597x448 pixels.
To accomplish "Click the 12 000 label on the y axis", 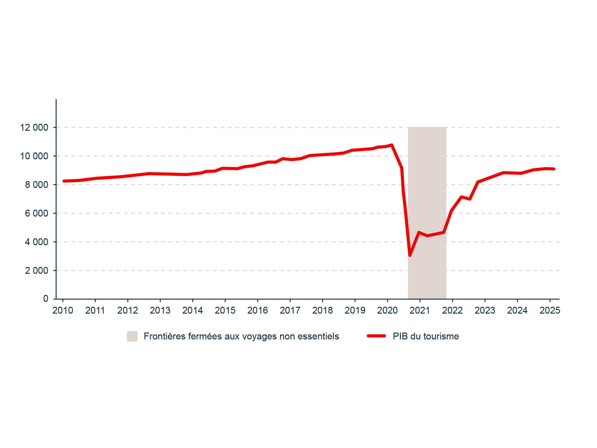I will click(x=34, y=128).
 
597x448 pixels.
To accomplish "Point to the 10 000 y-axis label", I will click(x=34, y=156).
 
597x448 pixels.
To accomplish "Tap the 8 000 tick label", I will click(x=37, y=185).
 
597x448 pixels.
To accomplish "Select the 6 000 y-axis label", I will click(x=37, y=213).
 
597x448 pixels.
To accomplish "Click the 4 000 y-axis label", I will click(x=37, y=242).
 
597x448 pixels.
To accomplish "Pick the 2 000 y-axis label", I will click(x=37, y=271).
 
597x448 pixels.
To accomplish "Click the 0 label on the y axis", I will click(x=46, y=299).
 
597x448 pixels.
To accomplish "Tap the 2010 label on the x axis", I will click(x=63, y=310).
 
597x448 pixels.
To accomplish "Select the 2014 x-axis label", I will click(x=192, y=310).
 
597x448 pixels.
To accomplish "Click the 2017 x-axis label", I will click(x=290, y=310).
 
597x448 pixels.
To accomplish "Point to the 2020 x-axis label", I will click(x=387, y=310).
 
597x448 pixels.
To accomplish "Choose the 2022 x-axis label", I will click(x=452, y=310).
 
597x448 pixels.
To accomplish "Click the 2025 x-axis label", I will click(x=550, y=310).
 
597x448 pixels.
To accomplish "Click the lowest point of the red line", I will click(x=410, y=255).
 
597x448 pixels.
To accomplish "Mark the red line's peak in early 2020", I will click(x=392, y=145).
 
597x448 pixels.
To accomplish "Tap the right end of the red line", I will click(x=554, y=169).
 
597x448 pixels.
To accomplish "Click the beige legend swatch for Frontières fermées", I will click(x=132, y=336).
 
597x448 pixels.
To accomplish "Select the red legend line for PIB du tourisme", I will click(x=376, y=336).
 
